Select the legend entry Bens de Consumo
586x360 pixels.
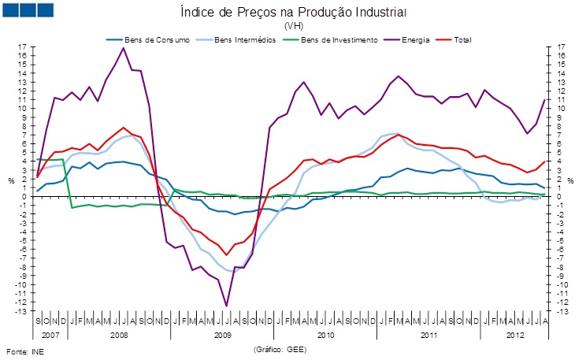point(154,39)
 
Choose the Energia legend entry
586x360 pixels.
point(415,39)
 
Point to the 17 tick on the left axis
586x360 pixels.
point(23,47)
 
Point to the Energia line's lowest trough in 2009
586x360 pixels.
point(226,306)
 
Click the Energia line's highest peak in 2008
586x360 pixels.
point(124,48)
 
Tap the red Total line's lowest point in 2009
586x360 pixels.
point(226,254)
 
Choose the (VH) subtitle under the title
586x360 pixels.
point(293,26)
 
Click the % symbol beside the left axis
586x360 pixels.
point(12,180)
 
